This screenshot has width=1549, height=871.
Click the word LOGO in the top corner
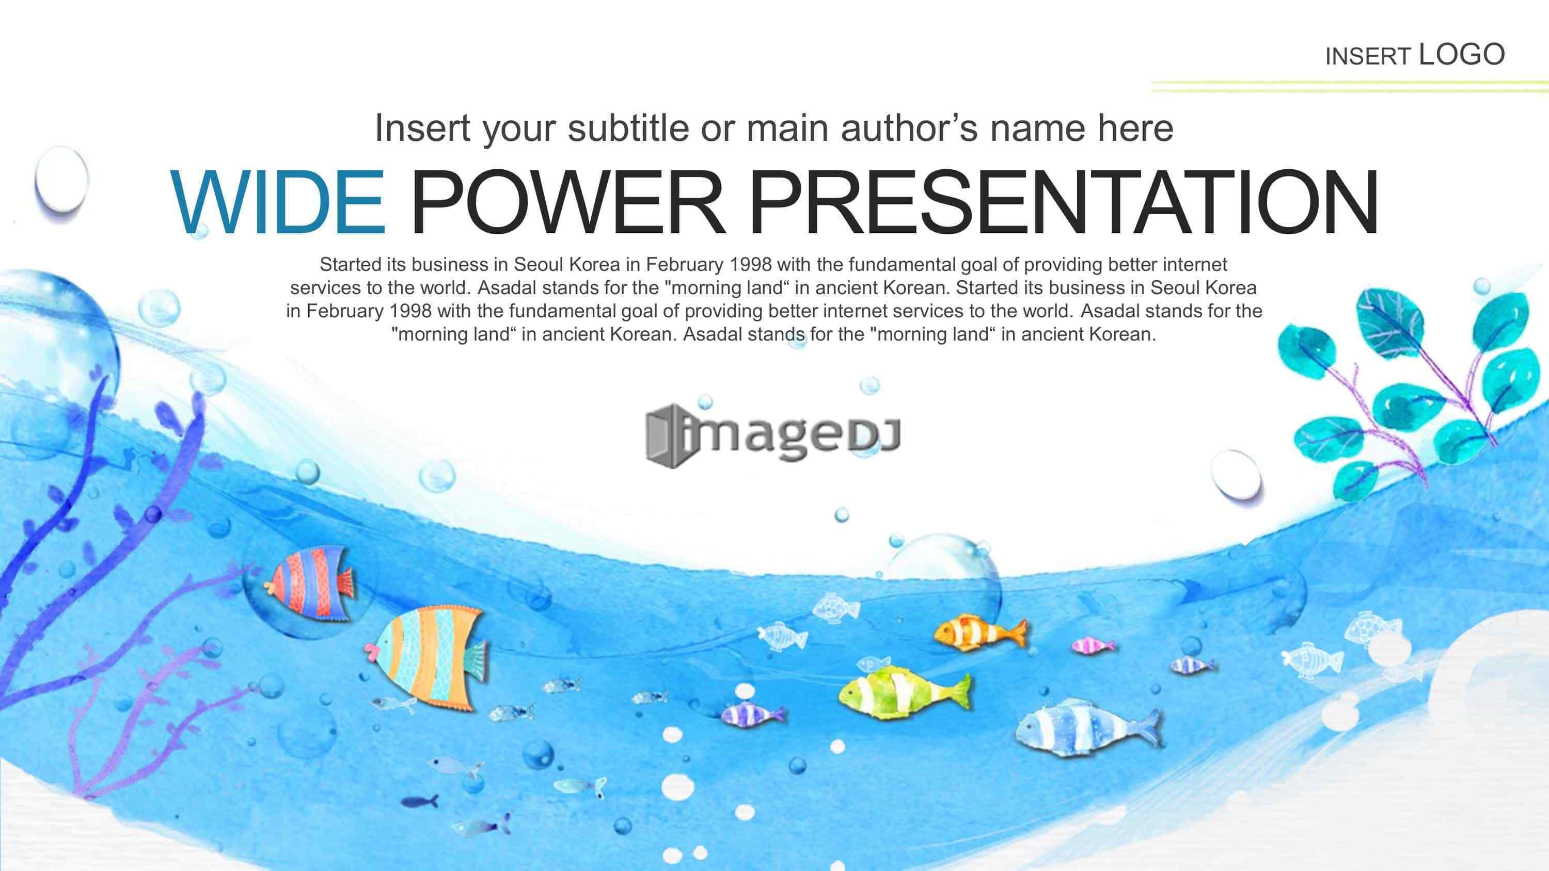coord(1462,55)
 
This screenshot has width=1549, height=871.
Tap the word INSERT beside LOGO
coord(1368,57)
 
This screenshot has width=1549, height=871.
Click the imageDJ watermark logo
coord(773,434)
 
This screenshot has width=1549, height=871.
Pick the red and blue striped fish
coord(310,581)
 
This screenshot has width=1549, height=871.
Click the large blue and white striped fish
coord(1088,729)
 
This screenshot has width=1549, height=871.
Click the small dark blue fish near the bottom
coord(420,801)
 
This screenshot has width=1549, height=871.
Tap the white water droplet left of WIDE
coord(61,179)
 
